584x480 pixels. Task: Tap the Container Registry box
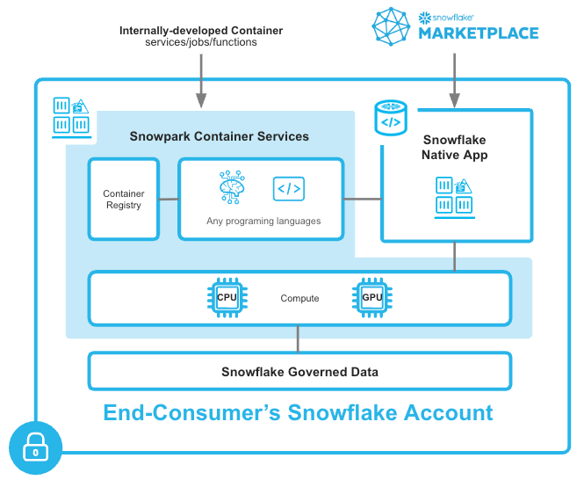click(124, 200)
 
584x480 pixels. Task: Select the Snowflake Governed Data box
click(299, 371)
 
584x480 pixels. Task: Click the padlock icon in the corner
click(35, 450)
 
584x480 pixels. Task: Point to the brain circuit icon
click(234, 188)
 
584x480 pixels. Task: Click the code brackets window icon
click(289, 188)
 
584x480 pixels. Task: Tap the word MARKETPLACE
click(478, 34)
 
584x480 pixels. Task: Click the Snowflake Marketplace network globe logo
click(391, 26)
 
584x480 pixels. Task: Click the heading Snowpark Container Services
click(219, 136)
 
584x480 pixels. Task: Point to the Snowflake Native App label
click(455, 147)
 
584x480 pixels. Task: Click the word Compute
click(299, 299)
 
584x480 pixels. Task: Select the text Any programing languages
click(263, 221)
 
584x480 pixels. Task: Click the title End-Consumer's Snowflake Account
click(299, 412)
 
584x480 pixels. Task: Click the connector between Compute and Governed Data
click(299, 338)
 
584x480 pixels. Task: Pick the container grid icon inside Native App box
click(455, 195)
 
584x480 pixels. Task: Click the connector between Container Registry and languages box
click(169, 200)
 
